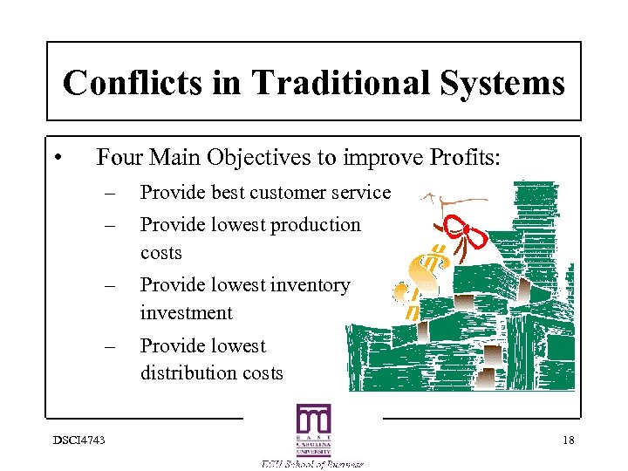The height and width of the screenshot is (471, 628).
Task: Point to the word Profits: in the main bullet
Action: click(465, 157)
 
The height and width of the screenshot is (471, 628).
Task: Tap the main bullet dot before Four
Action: click(55, 158)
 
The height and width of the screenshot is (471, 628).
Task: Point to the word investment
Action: click(187, 313)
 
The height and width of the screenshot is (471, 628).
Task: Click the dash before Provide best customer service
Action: click(109, 193)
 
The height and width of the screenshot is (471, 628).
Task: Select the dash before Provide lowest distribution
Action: click(109, 346)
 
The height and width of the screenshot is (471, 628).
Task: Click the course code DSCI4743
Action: click(77, 440)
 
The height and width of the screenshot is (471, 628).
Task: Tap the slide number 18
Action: click(568, 440)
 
